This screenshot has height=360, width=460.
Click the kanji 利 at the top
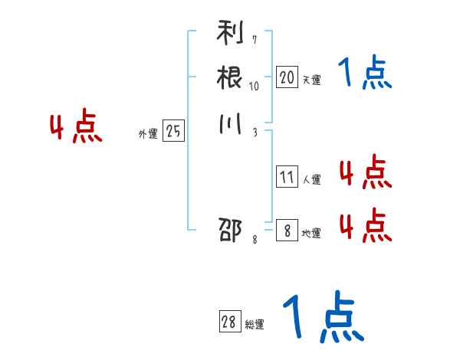(x=230, y=35)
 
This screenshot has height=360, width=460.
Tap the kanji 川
(x=230, y=123)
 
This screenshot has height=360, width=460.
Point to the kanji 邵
(x=230, y=230)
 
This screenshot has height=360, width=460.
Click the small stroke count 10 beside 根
(x=254, y=86)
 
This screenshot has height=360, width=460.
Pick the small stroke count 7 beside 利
(x=254, y=40)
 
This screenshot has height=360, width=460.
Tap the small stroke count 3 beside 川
(x=254, y=131)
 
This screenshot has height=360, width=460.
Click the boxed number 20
(x=287, y=77)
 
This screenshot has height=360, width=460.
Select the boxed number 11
(x=287, y=178)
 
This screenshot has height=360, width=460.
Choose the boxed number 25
(x=173, y=132)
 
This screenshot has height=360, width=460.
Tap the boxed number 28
(x=230, y=322)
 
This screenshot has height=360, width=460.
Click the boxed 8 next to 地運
(x=287, y=231)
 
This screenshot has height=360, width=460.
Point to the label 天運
(x=311, y=79)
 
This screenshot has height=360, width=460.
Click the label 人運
(x=311, y=180)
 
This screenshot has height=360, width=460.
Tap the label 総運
(x=255, y=325)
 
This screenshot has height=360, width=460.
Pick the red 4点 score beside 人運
(x=365, y=172)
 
